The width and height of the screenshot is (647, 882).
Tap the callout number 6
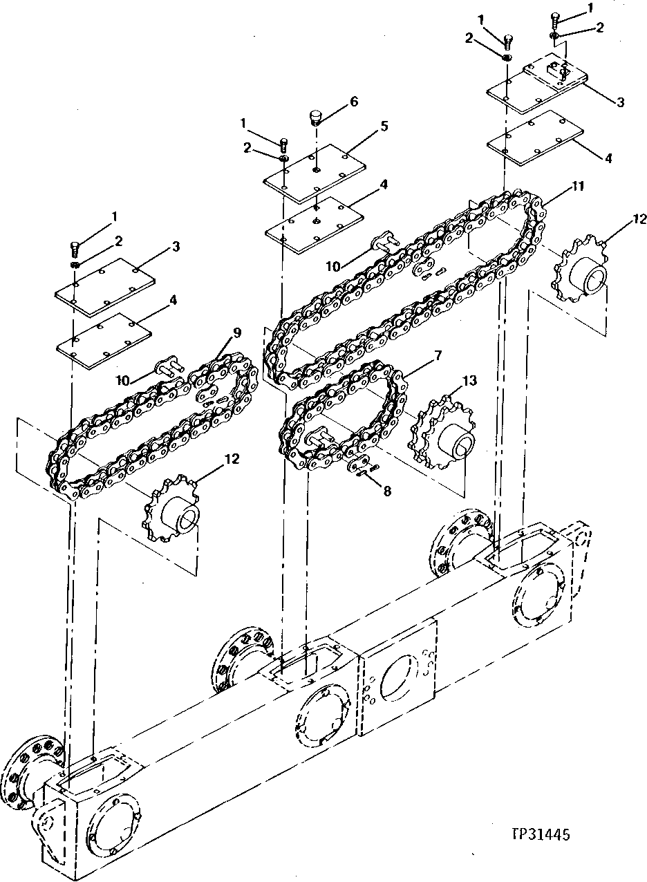[354, 101]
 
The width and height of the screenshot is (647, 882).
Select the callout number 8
[387, 491]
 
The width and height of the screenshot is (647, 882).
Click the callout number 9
[237, 332]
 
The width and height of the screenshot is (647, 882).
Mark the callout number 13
[470, 380]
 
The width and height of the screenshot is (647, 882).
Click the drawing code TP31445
[540, 835]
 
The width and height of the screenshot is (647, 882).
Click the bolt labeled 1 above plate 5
[283, 144]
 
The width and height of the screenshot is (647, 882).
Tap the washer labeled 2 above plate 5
[283, 160]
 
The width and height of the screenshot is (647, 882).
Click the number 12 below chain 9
[232, 458]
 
